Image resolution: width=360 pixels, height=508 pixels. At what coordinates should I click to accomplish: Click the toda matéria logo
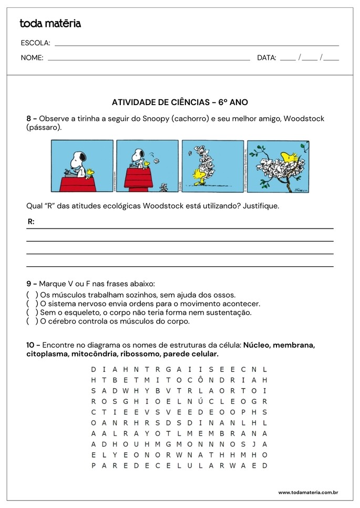[x=50, y=23]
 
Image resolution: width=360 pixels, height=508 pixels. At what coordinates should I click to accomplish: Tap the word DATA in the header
[x=266, y=58]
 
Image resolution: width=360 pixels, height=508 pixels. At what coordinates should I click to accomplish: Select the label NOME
[x=32, y=58]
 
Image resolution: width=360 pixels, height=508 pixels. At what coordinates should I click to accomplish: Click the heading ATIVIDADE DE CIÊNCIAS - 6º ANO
[x=180, y=102]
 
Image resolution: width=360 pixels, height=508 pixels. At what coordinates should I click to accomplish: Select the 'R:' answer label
[x=31, y=222]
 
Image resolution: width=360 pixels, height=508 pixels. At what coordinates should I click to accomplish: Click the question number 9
[x=29, y=283]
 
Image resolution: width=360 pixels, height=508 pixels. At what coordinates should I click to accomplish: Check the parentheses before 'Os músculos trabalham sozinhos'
[x=32, y=295]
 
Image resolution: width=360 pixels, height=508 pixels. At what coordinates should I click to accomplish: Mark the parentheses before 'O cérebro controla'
[x=32, y=322]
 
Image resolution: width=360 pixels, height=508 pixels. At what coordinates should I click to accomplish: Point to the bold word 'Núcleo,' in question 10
[x=256, y=345]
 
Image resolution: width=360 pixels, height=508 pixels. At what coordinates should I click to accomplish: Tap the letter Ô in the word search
[x=200, y=380]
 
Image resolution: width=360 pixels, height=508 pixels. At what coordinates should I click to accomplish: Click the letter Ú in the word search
[x=200, y=401]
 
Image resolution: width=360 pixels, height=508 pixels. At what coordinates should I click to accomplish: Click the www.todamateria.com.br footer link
[x=307, y=492]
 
